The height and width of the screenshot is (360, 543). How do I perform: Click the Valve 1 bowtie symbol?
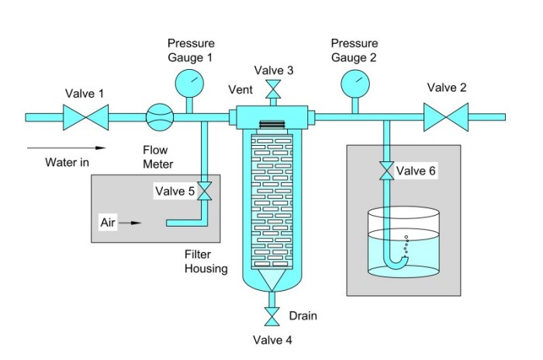85,117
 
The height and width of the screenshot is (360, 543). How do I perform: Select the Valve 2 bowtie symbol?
447,117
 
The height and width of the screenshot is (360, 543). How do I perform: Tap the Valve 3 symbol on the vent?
272,90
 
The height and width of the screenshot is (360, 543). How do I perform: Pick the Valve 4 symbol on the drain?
272,317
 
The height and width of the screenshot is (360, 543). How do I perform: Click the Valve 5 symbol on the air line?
205,191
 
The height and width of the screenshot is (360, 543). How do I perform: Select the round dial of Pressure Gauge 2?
352,81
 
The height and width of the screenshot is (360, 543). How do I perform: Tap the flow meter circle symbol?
159,117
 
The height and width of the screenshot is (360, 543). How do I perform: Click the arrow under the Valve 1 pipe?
65,145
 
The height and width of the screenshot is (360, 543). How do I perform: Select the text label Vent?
240,90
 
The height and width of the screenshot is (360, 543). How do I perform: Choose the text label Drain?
303,316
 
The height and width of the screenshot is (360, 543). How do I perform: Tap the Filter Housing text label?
206,261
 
